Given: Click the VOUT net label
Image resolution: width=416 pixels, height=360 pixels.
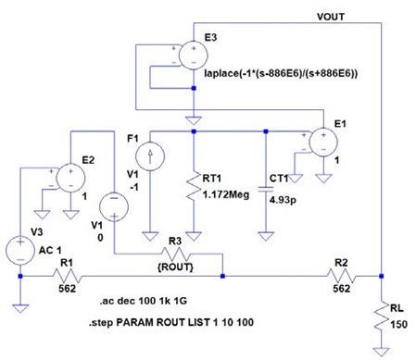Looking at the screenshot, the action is point(331,17).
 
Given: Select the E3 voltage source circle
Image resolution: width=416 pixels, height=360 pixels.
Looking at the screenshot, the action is point(194,56).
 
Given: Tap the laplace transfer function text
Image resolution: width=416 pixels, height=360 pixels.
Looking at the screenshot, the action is point(281,73).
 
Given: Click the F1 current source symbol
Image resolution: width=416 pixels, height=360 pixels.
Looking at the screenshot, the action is point(150,156).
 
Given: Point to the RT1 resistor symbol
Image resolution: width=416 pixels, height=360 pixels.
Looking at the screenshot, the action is point(194,185).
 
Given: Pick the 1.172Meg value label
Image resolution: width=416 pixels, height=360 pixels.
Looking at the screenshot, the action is point(226,194).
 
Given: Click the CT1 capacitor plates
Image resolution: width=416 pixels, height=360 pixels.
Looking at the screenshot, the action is point(266,189).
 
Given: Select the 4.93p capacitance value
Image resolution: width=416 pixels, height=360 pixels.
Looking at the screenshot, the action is point(283,200).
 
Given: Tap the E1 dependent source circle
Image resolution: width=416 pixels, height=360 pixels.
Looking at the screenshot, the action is point(323,143).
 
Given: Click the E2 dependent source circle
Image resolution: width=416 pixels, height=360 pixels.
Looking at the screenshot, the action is point(70,178).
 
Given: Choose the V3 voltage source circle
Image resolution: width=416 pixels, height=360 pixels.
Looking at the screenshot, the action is point(20,251).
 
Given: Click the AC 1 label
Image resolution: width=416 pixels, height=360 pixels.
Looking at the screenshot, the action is point(50,250).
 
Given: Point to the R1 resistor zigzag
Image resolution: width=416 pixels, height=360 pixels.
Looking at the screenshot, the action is point(68,276).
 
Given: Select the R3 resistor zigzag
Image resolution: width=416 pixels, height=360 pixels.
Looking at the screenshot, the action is point(175,254).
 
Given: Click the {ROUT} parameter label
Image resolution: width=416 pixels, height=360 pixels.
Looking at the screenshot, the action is point(175,267).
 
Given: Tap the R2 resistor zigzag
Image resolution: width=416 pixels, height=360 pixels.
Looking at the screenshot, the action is point(342,276).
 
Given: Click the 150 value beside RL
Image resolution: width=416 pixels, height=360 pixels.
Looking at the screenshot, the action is point(399,325).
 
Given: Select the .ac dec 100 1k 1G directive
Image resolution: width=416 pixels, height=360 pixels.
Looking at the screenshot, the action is point(144,301).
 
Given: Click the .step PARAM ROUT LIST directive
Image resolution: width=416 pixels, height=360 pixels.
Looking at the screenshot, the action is point(171,322).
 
